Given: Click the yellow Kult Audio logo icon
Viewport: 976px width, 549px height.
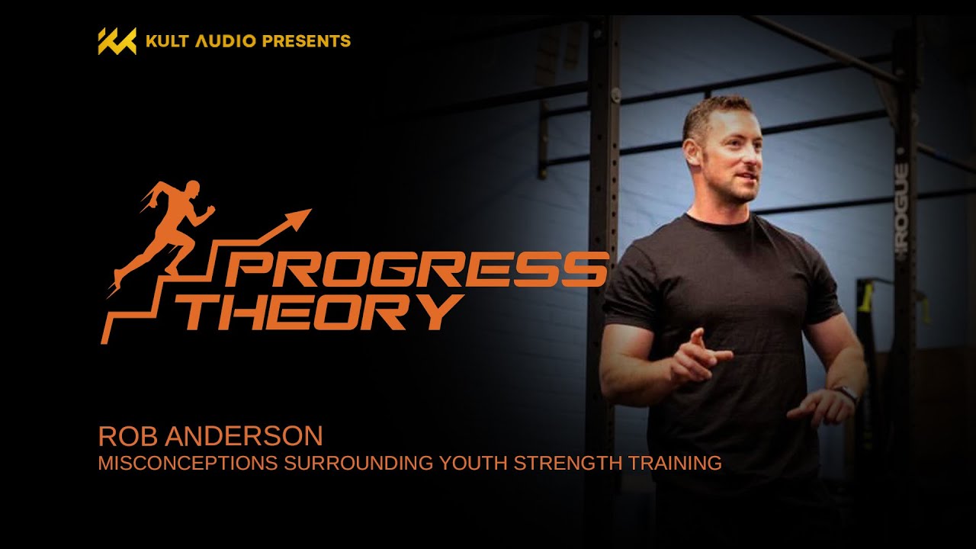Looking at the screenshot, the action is (117, 41).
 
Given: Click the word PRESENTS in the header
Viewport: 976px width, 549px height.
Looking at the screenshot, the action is (307, 41).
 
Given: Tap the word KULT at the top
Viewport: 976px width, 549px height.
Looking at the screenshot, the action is (167, 41).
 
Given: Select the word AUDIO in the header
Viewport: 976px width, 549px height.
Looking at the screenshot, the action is (226, 41).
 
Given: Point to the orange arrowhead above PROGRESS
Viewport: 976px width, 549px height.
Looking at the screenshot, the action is (298, 218).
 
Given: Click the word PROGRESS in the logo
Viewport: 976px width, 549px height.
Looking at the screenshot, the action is (416, 269).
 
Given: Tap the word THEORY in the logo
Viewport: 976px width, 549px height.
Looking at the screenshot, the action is (320, 312).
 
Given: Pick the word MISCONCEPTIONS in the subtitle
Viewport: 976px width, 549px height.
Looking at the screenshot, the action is (188, 463).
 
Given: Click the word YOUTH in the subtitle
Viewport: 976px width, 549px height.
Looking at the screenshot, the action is (474, 463).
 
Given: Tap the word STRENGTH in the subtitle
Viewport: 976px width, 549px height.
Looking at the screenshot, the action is (568, 463).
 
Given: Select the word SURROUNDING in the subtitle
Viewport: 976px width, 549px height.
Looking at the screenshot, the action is (358, 463).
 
